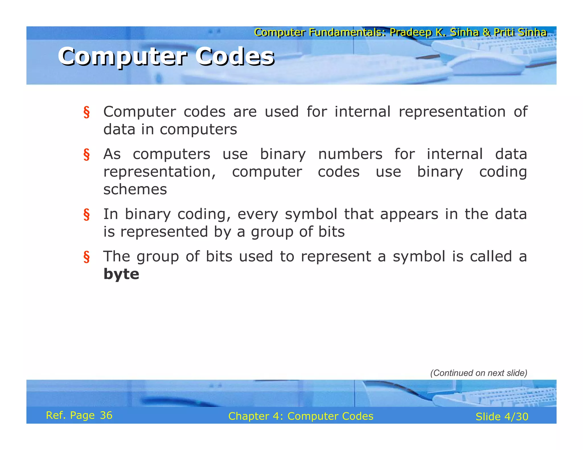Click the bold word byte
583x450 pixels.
[x=121, y=274]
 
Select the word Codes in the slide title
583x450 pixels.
[x=235, y=56]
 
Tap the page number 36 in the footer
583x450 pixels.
[x=106, y=415]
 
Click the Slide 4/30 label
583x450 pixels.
[x=502, y=417]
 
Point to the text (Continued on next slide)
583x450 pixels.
[x=479, y=373]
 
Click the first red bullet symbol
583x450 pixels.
[x=87, y=112]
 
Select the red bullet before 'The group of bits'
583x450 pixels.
[x=87, y=257]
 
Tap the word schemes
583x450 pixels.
[x=135, y=189]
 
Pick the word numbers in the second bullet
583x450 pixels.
[x=350, y=154]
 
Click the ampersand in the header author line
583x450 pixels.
[x=486, y=32]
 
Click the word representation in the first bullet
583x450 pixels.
[x=452, y=112]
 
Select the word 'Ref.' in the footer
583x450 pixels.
[x=56, y=415]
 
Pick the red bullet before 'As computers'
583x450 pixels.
[x=87, y=154]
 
